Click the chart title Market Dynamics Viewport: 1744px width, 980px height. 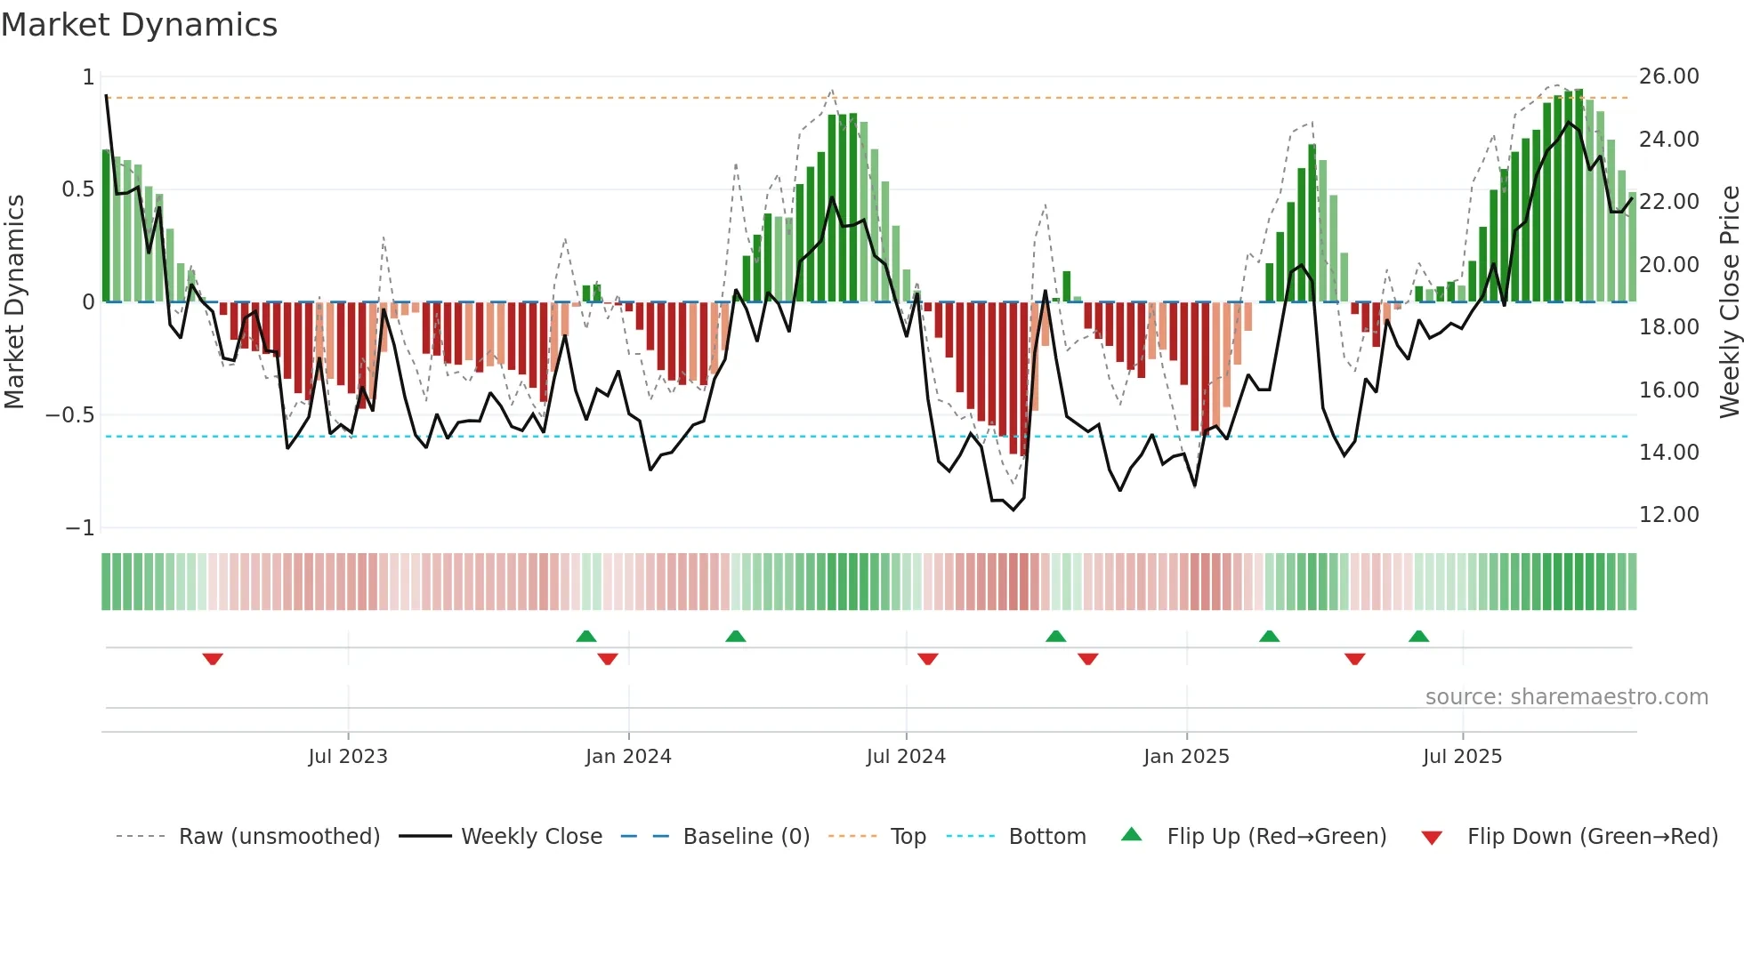pos(139,25)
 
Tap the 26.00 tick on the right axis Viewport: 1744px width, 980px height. pos(1668,76)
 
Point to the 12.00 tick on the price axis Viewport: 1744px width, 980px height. pos(1668,515)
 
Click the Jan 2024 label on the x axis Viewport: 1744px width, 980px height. pos(628,757)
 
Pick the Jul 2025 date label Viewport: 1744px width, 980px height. pos(1462,757)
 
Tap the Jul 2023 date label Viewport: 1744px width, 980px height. pos(348,757)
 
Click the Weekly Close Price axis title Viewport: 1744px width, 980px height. pos(1729,301)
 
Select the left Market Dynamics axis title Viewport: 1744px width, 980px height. pos(14,301)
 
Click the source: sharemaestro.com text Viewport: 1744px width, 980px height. pos(1566,697)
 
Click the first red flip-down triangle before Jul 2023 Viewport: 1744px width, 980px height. pos(213,659)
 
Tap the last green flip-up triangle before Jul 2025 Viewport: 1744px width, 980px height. pos(1418,636)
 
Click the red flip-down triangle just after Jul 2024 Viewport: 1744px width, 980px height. pos(927,659)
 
